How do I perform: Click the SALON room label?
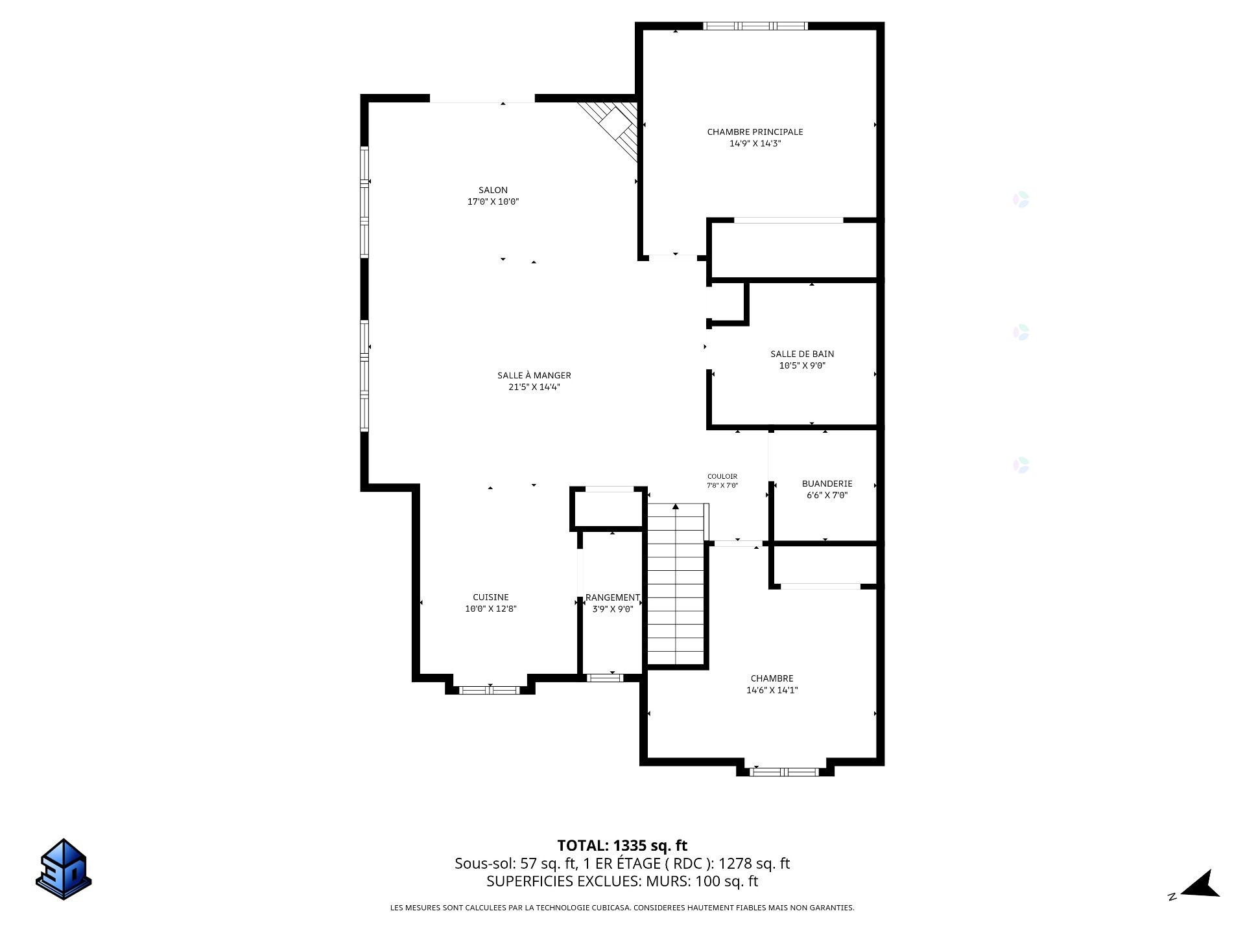pos(493,190)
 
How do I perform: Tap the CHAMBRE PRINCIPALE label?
pos(755,132)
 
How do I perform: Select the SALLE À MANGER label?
pos(534,375)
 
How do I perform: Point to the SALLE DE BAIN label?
pos(802,354)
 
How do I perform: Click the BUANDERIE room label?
pos(827,483)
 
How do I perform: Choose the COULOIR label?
pos(722,476)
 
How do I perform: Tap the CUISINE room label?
pos(490,597)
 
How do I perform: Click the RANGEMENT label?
pos(612,597)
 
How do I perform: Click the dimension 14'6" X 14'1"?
pos(772,690)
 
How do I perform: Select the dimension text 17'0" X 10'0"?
pos(493,202)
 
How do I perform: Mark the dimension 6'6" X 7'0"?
pos(827,495)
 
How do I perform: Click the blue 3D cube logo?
pos(64,869)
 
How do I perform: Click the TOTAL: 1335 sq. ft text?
pos(622,846)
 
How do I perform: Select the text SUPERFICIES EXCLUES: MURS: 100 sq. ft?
pos(622,881)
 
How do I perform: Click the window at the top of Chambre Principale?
pos(755,26)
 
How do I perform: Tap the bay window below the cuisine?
pos(490,690)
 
